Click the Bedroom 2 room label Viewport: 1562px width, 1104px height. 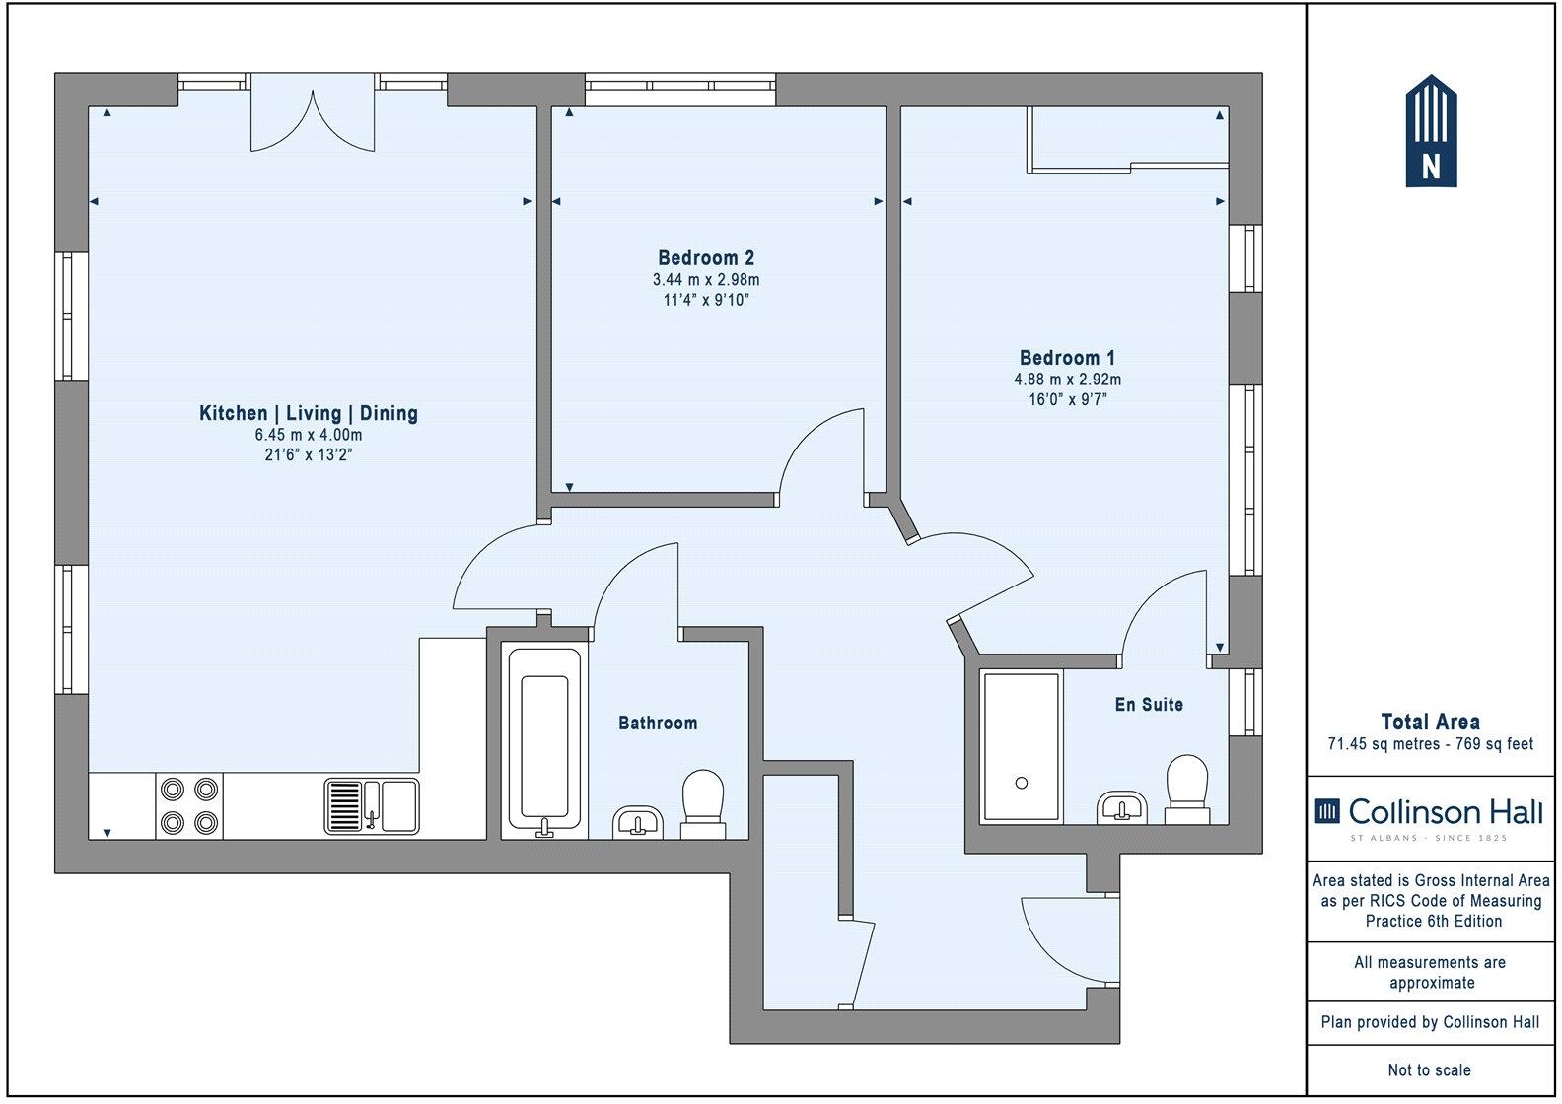pyautogui.click(x=706, y=258)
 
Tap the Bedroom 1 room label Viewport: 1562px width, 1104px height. pyautogui.click(x=1067, y=358)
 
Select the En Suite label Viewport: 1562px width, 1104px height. pyautogui.click(x=1149, y=705)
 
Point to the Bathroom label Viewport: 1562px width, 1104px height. pyautogui.click(x=658, y=723)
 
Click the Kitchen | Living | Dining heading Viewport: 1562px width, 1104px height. pyautogui.click(x=309, y=413)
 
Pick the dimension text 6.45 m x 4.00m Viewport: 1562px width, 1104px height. pyautogui.click(x=309, y=435)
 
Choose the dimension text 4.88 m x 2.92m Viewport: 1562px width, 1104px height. pyautogui.click(x=1067, y=379)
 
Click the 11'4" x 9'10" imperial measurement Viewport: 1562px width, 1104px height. pyautogui.click(x=706, y=300)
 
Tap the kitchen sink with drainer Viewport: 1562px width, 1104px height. pyautogui.click(x=372, y=806)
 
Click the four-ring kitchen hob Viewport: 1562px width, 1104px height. pyautogui.click(x=189, y=806)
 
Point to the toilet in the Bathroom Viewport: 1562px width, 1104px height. pyautogui.click(x=703, y=803)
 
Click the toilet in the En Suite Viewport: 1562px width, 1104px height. pyautogui.click(x=1187, y=790)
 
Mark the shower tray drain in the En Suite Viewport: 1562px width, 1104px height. pyautogui.click(x=1022, y=783)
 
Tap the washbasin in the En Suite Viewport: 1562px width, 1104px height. pyautogui.click(x=1121, y=807)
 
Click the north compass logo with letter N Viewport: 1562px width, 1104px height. pyautogui.click(x=1431, y=131)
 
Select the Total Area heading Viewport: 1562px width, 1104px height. pyautogui.click(x=1430, y=722)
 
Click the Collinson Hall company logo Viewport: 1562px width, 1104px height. pyautogui.click(x=1429, y=817)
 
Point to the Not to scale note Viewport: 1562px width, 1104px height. pyautogui.click(x=1430, y=1069)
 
